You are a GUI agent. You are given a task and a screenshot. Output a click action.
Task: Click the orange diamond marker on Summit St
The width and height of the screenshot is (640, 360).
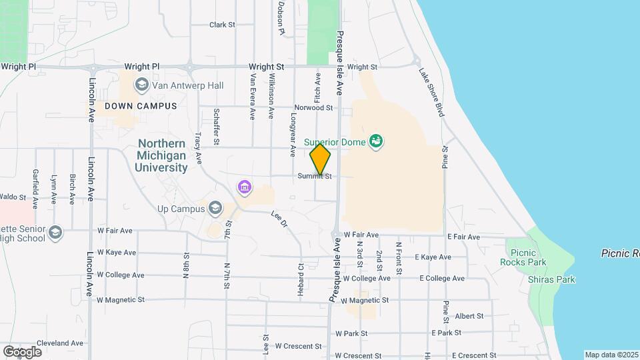coord(320,159)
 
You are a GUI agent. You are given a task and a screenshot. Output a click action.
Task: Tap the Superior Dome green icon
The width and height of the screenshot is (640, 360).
coord(377,141)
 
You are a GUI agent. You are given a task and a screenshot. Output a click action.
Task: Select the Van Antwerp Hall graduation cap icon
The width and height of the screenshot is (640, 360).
coord(141,85)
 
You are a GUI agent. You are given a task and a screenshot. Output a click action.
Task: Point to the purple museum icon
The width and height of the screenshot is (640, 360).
coord(245,187)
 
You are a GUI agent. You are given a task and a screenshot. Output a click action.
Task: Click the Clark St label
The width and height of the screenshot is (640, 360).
coord(223,25)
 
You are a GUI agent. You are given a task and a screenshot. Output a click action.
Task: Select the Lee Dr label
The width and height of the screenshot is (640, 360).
coord(279,219)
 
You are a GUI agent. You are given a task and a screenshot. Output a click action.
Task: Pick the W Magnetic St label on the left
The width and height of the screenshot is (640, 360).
coord(121,300)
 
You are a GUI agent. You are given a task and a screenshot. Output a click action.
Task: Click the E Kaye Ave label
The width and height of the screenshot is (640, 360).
coord(433,257)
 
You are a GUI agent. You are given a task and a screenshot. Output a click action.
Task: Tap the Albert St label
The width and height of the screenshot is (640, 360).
coord(469,316)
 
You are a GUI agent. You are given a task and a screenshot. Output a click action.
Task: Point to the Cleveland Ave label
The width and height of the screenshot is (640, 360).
coord(60,343)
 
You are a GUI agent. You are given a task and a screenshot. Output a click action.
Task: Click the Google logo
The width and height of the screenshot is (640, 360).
coord(22,351)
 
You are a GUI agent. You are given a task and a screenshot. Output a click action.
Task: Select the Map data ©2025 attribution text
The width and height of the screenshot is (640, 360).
coord(611,355)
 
